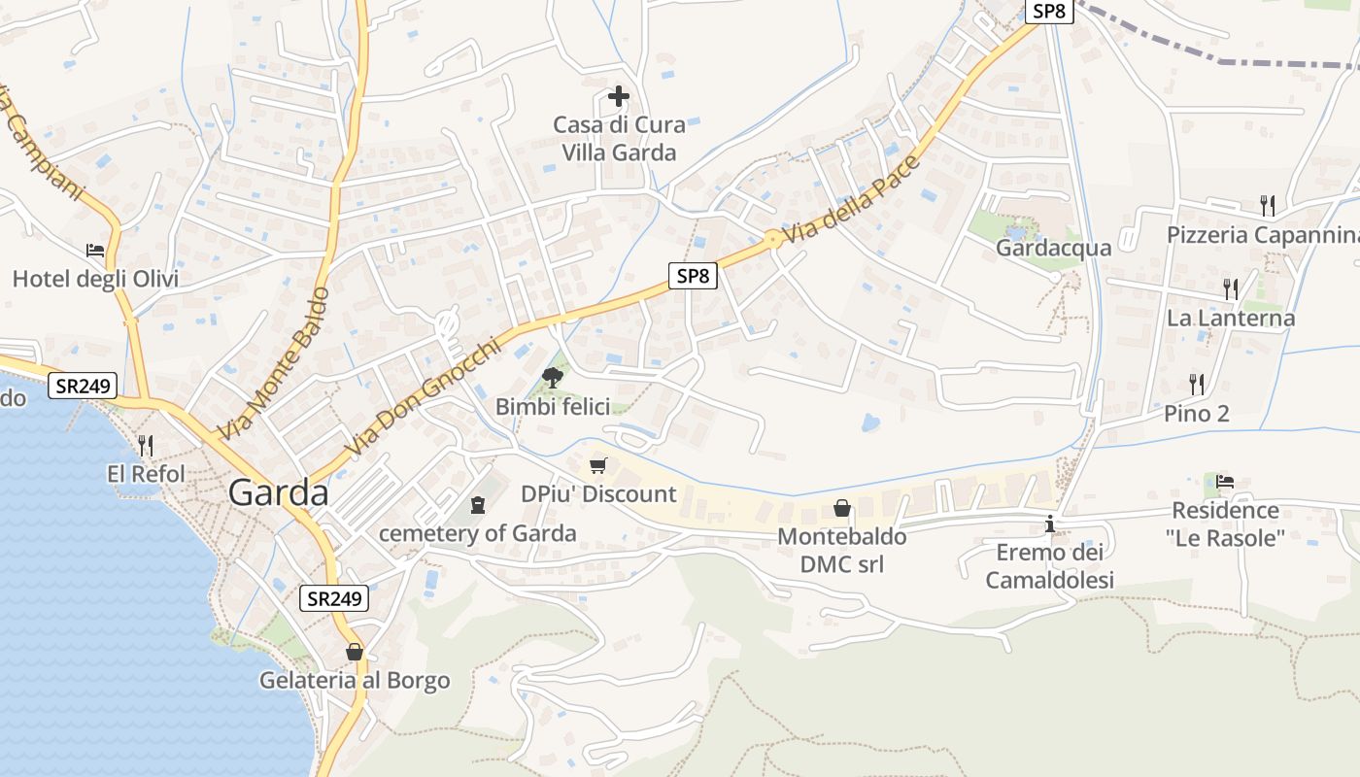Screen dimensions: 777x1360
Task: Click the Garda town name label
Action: pos(279,493)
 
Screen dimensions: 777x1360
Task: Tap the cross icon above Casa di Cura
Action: pos(619,96)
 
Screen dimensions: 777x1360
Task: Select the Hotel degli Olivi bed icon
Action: pos(95,251)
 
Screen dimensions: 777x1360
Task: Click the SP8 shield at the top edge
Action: pos(1049,11)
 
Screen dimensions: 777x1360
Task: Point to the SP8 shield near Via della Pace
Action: pos(694,276)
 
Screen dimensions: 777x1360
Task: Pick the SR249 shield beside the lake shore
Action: pos(83,386)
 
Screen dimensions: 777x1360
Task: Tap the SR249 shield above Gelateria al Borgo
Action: pos(333,598)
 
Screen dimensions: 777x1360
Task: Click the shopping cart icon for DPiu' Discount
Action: pos(598,465)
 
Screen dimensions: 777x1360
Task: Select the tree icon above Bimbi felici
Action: pos(552,377)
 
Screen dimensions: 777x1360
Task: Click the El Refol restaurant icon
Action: pos(146,446)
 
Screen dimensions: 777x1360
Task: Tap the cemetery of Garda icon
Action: pos(477,505)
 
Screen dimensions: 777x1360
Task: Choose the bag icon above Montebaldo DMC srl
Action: pos(842,508)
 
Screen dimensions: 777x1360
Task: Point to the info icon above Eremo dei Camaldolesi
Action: pos(1049,524)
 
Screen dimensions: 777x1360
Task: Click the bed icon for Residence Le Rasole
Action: pos(1225,481)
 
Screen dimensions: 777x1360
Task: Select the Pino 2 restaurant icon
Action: pos(1197,384)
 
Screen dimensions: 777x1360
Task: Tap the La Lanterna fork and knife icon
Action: pos(1231,288)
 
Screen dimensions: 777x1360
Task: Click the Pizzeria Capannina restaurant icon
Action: pos(1268,205)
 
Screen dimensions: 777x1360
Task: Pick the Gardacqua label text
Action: pos(1053,248)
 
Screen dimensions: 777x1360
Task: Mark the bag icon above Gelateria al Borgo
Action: pos(355,652)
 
